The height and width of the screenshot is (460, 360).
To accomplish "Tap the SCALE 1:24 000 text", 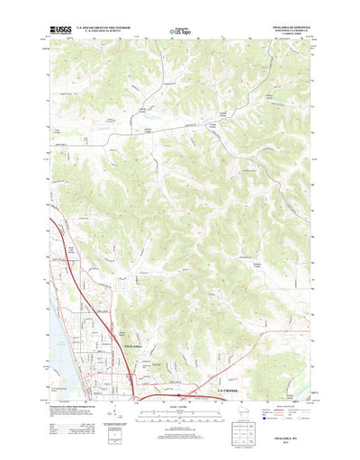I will point(179,384).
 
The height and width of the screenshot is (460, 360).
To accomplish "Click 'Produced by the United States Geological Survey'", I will point(72,383).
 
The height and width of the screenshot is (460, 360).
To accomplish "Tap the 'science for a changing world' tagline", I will point(60,35).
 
